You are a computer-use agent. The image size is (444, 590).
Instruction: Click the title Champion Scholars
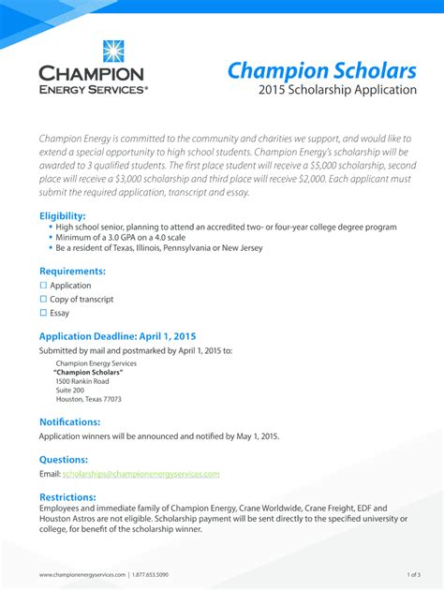pyautogui.click(x=321, y=70)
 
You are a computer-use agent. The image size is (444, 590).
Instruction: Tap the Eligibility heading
pyautogui.click(x=68, y=215)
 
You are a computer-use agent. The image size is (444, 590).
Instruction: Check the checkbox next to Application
pyautogui.click(x=43, y=286)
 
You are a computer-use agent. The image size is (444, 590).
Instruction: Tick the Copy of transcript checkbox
pyautogui.click(x=43, y=300)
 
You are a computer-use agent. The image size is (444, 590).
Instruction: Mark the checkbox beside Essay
pyautogui.click(x=43, y=314)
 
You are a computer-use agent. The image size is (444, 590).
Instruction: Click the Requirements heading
pyautogui.click(x=72, y=271)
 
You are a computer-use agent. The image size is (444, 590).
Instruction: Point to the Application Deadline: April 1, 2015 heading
pyautogui.click(x=117, y=336)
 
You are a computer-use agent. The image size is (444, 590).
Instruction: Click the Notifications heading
pyautogui.click(x=69, y=421)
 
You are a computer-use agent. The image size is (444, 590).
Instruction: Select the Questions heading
pyautogui.click(x=64, y=460)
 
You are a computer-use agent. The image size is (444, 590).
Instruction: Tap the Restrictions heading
pyautogui.click(x=67, y=496)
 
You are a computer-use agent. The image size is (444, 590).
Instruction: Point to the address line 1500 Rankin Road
pyautogui.click(x=82, y=381)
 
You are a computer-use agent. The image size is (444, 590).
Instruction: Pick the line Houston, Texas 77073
pyautogui.click(x=88, y=399)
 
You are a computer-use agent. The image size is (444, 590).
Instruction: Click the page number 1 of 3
pyautogui.click(x=413, y=573)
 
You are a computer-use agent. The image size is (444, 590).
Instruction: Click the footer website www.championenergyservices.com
pyautogui.click(x=81, y=573)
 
